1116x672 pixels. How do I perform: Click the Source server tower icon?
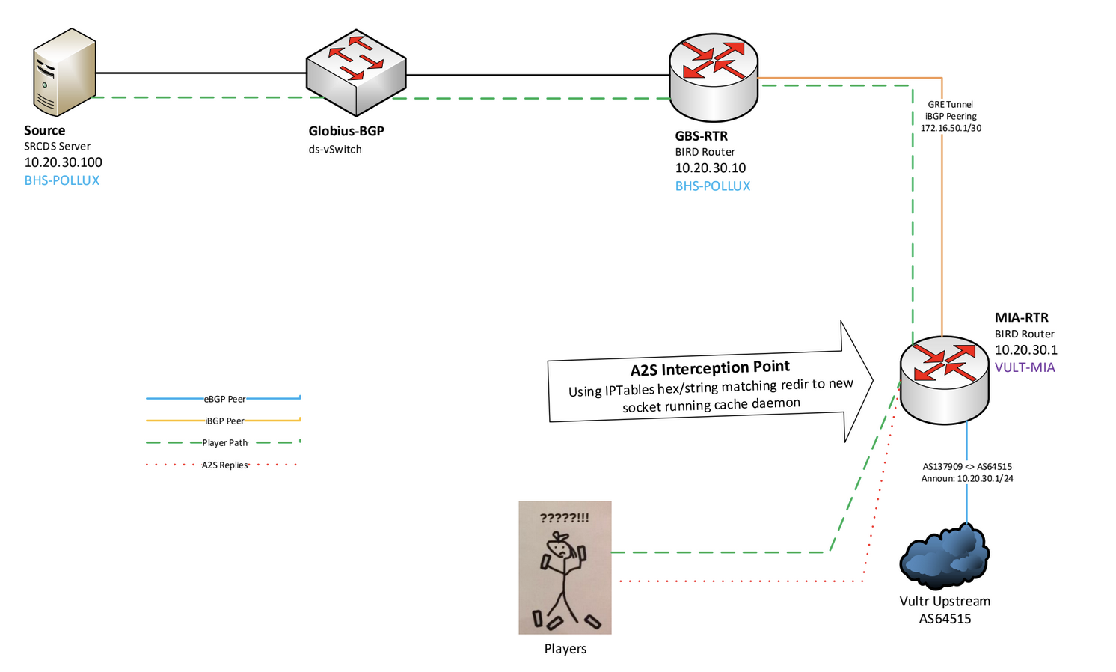[64, 72]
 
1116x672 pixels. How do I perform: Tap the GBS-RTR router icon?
[713, 76]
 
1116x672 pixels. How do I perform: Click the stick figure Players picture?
[565, 567]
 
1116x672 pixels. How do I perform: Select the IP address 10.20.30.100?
[63, 162]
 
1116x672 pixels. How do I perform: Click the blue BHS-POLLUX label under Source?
[61, 180]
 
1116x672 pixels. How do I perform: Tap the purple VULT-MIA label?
[1024, 367]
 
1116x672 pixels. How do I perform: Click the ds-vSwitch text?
[335, 150]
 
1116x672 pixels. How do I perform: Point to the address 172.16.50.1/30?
[951, 129]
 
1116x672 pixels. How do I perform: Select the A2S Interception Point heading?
[710, 368]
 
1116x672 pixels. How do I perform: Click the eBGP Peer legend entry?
[224, 399]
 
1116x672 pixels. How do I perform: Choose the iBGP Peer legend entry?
[224, 421]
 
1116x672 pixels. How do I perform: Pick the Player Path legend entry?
[224, 443]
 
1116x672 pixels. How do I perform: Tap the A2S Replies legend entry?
[224, 465]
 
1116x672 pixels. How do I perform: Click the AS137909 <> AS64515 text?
[967, 467]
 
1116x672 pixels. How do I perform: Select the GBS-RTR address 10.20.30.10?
[710, 168]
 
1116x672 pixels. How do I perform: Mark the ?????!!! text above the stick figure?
[564, 518]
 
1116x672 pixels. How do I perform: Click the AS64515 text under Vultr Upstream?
[945, 619]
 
